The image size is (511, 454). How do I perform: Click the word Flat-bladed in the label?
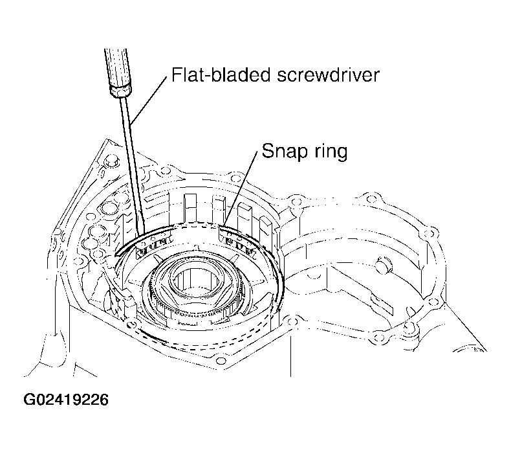(221, 74)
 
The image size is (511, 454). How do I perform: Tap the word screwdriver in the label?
(328, 74)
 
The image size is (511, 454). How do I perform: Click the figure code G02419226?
(66, 400)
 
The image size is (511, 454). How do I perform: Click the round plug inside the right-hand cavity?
(383, 264)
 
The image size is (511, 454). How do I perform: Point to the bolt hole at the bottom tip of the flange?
(221, 361)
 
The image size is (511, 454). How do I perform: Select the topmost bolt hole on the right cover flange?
(371, 199)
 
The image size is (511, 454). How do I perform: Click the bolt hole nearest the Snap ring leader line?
(234, 178)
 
